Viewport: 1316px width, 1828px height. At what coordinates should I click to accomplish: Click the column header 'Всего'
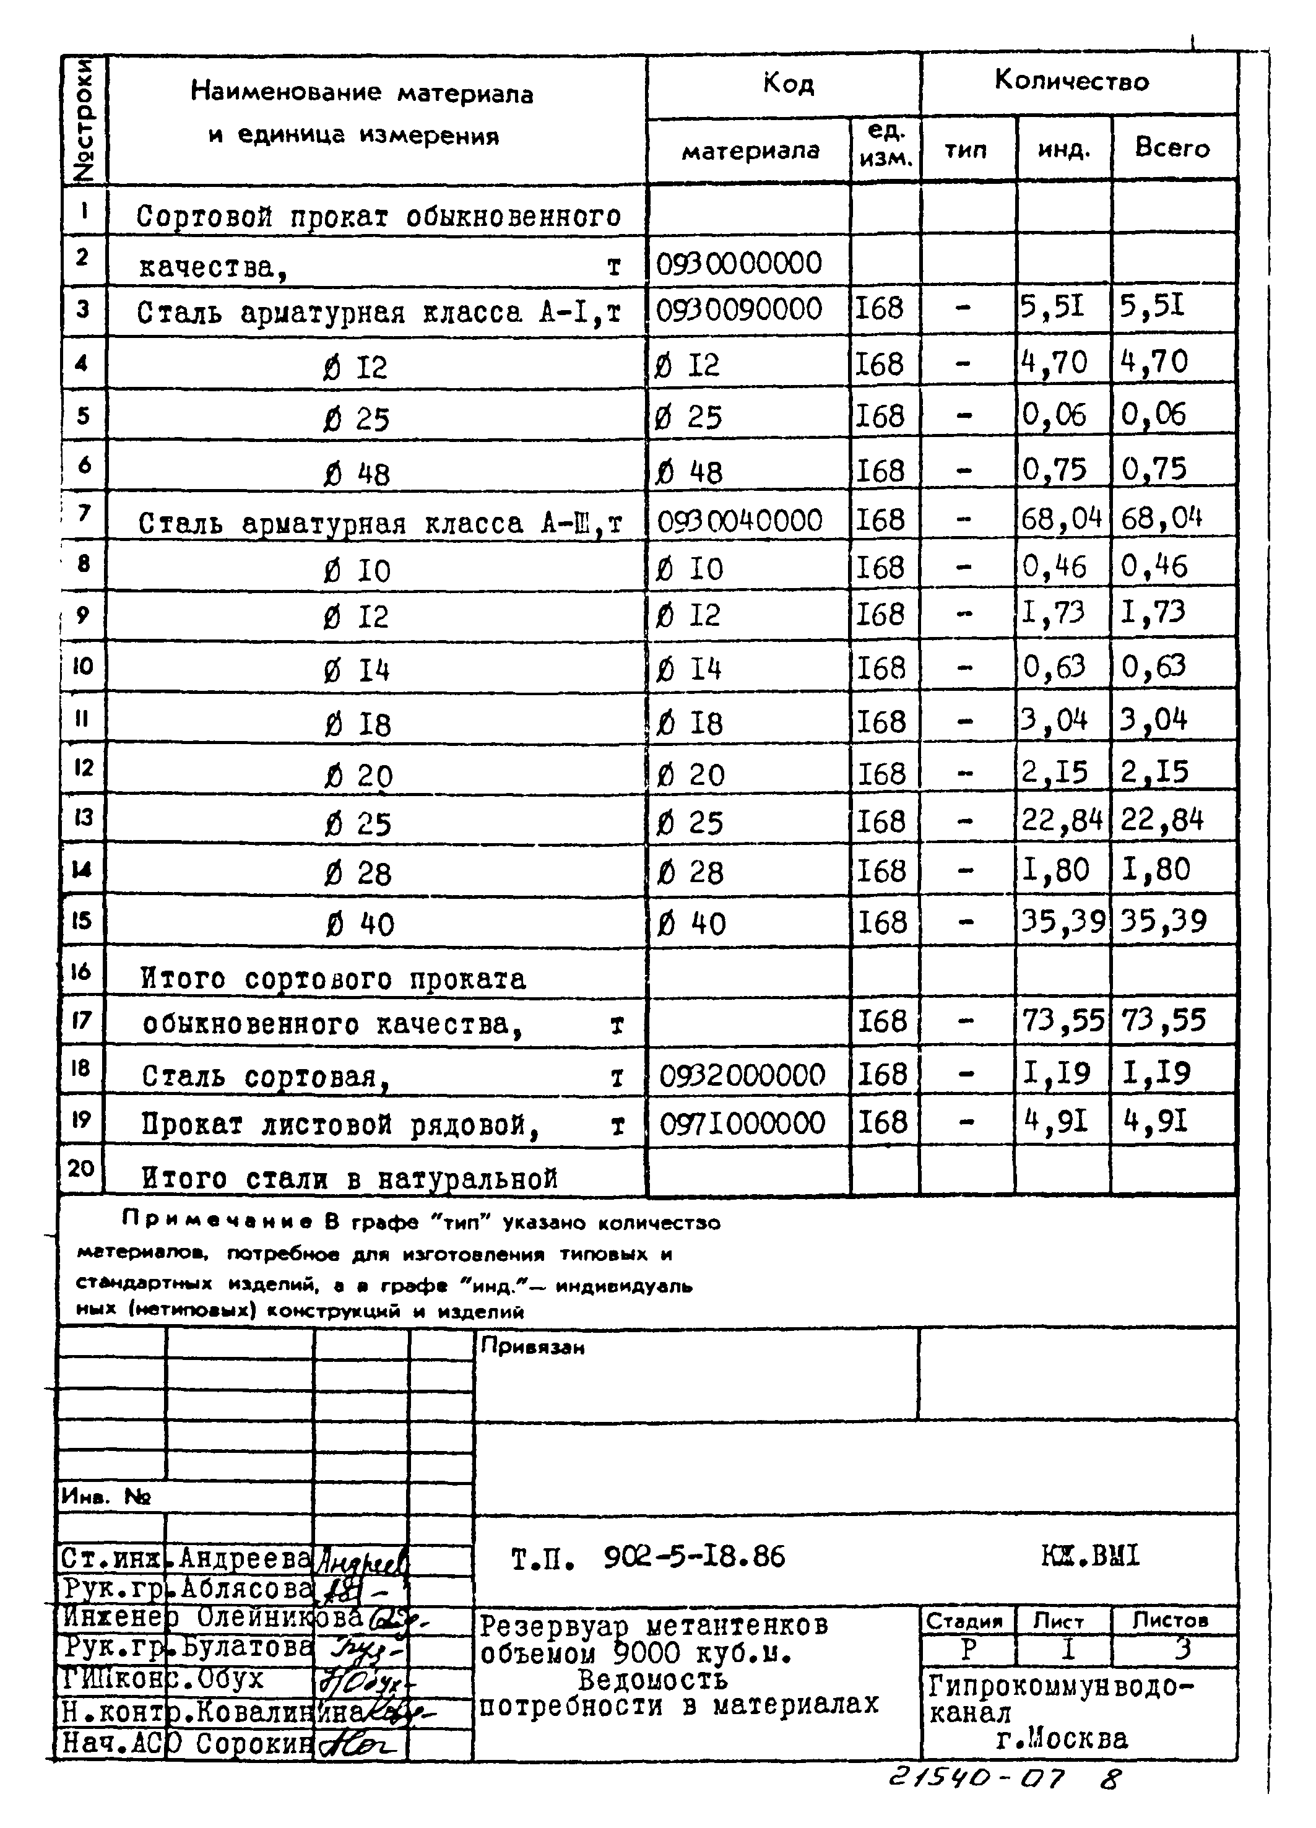pyautogui.click(x=1172, y=149)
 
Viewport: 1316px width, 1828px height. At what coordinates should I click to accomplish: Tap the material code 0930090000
pyautogui.click(x=739, y=310)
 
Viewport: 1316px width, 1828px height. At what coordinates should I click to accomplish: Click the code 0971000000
pyautogui.click(x=742, y=1123)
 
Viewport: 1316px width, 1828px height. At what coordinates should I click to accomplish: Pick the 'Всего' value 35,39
pyautogui.click(x=1164, y=920)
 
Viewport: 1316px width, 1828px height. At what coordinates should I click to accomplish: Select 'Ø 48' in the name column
pyautogui.click(x=356, y=473)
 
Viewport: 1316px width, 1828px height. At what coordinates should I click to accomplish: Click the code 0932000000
pyautogui.click(x=742, y=1075)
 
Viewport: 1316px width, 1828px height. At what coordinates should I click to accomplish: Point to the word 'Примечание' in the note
pyautogui.click(x=216, y=1222)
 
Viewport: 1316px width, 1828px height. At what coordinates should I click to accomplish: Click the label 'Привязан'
pyautogui.click(x=532, y=1347)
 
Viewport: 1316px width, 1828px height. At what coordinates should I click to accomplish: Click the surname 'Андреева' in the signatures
pyautogui.click(x=244, y=1559)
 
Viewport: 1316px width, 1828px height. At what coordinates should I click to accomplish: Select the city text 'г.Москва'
pyautogui.click(x=1062, y=1739)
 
